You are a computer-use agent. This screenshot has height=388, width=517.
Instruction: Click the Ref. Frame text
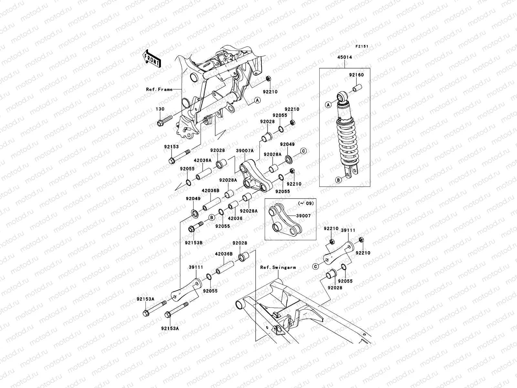point(159,89)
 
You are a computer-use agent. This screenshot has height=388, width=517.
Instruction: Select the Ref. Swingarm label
point(278,267)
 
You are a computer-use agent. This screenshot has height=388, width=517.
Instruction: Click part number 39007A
point(245,151)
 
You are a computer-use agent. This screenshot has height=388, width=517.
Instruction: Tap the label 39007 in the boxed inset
point(303,216)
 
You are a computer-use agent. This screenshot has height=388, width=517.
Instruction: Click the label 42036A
point(202,160)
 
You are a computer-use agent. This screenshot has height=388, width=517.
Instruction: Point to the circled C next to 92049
point(303,151)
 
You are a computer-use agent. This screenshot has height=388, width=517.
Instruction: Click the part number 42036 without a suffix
point(236,218)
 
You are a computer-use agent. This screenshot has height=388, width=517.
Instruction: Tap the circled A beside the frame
point(257,100)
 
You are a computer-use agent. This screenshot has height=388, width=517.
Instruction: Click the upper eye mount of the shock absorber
point(342,97)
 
